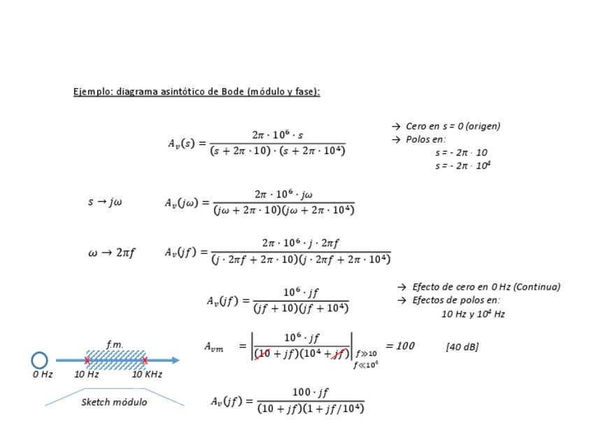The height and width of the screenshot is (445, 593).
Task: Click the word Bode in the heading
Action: click(233, 92)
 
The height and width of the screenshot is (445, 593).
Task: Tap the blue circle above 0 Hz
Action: click(40, 360)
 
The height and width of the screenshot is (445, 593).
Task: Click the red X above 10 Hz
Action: click(87, 360)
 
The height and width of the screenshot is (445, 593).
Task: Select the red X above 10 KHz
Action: click(145, 360)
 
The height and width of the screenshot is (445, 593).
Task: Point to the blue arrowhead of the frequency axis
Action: click(175, 360)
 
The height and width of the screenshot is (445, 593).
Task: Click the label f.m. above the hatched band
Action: click(115, 344)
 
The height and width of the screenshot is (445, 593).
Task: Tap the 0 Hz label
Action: click(43, 374)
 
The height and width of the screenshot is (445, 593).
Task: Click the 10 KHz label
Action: click(147, 374)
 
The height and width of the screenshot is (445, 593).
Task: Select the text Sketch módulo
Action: click(114, 402)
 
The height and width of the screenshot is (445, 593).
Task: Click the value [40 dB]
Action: click(462, 346)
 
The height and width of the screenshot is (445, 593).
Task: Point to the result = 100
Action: click(400, 346)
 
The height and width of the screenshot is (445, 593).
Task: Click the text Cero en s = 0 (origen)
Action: click(452, 127)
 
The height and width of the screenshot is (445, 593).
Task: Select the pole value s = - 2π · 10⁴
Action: click(462, 166)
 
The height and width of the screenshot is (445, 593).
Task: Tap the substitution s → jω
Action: click(105, 202)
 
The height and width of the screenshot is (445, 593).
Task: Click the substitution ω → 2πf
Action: click(112, 253)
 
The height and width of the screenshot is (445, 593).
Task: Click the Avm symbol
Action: click(214, 347)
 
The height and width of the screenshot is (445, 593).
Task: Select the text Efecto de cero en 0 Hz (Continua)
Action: click(485, 287)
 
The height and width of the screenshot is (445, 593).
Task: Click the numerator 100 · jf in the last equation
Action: click(310, 393)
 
